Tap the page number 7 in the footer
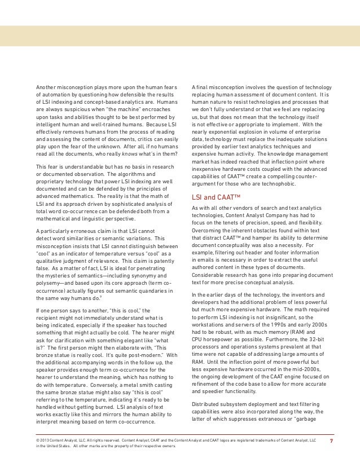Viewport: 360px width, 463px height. point(331,439)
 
